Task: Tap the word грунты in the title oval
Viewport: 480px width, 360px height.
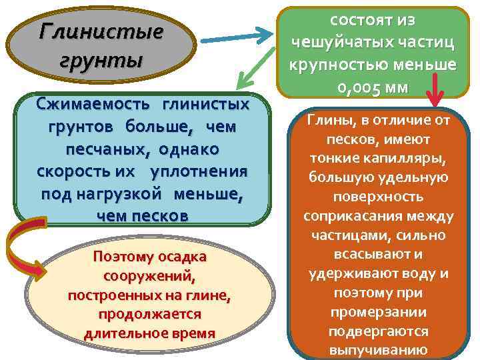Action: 101,61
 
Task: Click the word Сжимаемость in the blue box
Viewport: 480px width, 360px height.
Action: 84,105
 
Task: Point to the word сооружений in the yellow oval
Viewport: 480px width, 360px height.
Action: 150,275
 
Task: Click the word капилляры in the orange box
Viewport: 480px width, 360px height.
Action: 407,159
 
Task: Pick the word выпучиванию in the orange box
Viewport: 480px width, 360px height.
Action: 378,351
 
